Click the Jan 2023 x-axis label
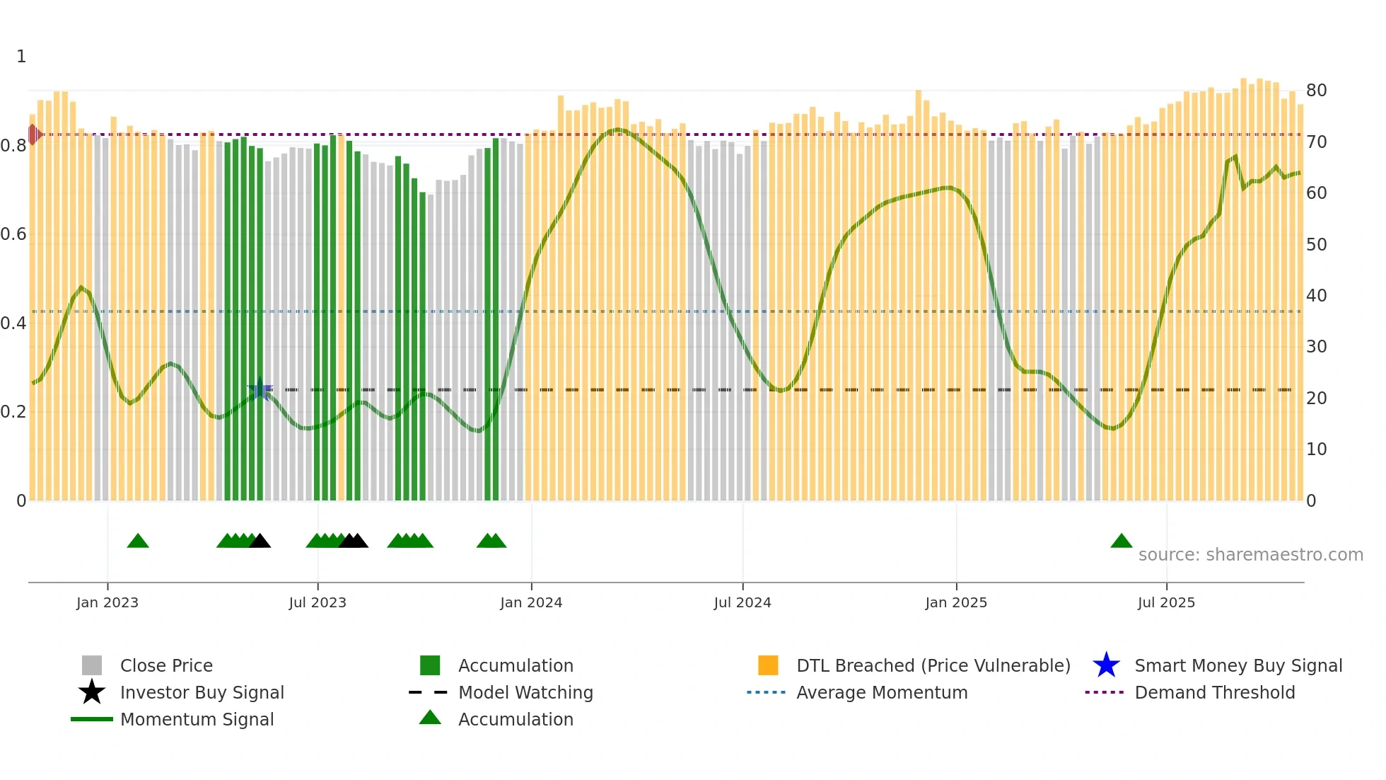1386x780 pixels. pos(107,602)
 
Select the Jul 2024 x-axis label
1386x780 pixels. pos(742,602)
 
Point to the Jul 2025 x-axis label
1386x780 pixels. pos(1166,602)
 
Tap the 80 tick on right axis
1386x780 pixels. pos(1316,91)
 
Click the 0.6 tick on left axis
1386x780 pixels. pos(13,234)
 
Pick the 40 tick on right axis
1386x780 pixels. pos(1316,295)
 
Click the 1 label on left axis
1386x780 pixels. pos(21,57)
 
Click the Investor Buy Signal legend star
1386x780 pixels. pos(92,692)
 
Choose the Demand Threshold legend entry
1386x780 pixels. pos(1214,692)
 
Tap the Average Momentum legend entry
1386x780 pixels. pos(881,692)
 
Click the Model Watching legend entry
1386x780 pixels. pos(525,692)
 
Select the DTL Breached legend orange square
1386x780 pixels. pos(768,665)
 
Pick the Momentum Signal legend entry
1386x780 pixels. pos(197,719)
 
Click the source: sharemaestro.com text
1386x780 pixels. pos(1250,554)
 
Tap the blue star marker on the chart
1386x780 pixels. pos(260,389)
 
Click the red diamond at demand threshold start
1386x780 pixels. pos(33,134)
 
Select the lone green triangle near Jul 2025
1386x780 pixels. pos(1122,541)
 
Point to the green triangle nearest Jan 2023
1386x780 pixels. pos(138,541)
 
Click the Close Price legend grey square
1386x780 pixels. pos(92,665)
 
